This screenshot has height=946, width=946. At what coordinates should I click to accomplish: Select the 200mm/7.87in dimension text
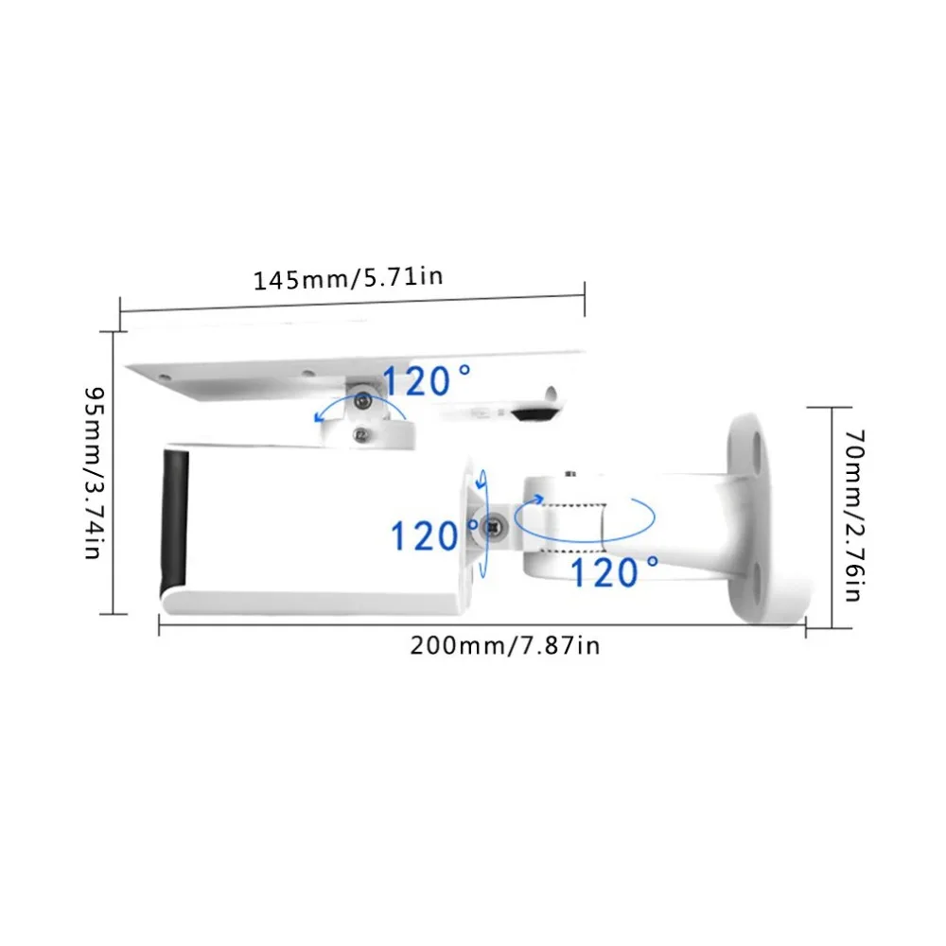pyautogui.click(x=504, y=645)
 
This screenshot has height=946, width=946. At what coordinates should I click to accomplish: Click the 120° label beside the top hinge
pyautogui.click(x=426, y=381)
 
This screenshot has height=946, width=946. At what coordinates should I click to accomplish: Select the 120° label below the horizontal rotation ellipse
pyautogui.click(x=615, y=571)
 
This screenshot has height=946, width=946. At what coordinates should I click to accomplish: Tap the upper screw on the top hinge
pyautogui.click(x=360, y=403)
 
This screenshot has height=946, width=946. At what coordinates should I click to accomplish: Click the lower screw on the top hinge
pyautogui.click(x=359, y=434)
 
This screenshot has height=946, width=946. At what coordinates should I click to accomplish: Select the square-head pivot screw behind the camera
pyautogui.click(x=493, y=528)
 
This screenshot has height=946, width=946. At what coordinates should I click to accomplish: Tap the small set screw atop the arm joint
pyautogui.click(x=567, y=472)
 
